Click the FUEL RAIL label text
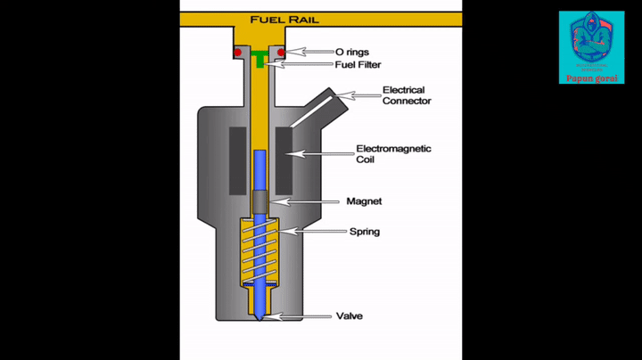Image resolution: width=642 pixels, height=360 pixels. tap(284, 19)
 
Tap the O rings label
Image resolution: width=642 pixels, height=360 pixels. tap(351, 52)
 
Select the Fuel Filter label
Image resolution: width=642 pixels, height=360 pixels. tap(357, 64)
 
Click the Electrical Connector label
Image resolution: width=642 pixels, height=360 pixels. tap(406, 95)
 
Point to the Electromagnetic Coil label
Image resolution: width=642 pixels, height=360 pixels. tap(393, 154)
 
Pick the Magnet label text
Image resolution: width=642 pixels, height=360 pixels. tap(364, 201)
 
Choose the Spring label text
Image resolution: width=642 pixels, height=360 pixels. tap(364, 232)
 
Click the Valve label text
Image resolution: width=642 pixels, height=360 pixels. tap(349, 316)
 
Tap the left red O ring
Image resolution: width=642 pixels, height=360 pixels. tap(238, 53)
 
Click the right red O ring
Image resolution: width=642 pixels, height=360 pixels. tap(282, 53)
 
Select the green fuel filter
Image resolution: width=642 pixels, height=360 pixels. tap(259, 61)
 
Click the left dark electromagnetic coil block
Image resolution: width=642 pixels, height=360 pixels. tap(238, 160)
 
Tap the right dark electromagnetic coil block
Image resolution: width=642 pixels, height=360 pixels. tap(284, 160)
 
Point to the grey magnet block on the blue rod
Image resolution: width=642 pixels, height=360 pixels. tap(259, 203)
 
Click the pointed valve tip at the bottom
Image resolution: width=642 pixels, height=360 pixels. tap(259, 318)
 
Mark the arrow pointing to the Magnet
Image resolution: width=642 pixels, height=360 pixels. tap(303, 202)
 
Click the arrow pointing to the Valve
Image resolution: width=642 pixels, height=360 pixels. tap(299, 316)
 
